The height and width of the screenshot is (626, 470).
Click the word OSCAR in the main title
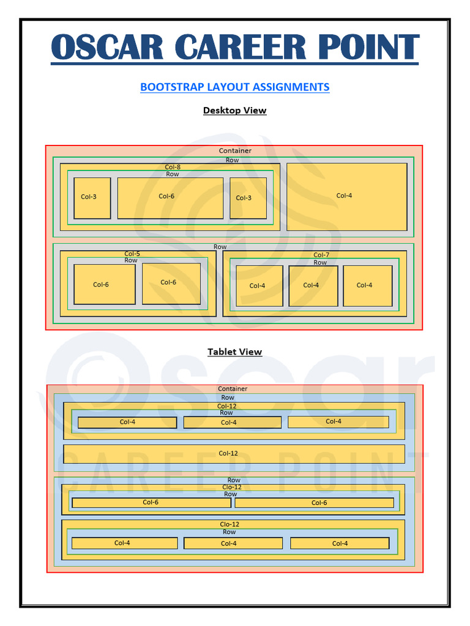click(108, 48)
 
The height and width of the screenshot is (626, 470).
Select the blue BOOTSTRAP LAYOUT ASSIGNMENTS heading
click(235, 87)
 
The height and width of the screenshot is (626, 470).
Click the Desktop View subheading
click(235, 111)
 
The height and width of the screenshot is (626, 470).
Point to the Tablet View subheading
click(235, 352)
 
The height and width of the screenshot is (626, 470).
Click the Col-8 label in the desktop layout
click(173, 167)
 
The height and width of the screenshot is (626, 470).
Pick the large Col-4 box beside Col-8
click(346, 196)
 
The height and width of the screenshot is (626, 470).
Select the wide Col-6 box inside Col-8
click(170, 197)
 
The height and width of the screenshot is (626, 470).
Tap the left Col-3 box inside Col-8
click(92, 197)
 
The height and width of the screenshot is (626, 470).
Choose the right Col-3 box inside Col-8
click(248, 198)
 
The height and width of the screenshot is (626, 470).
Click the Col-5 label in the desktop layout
click(132, 254)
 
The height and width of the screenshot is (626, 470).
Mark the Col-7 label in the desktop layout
click(321, 255)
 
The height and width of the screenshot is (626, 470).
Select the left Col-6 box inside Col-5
click(104, 284)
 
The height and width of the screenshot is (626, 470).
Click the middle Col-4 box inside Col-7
click(313, 285)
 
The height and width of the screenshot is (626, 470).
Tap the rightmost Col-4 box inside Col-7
click(367, 285)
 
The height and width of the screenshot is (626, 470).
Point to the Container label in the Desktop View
click(235, 151)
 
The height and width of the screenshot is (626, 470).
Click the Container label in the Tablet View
click(233, 389)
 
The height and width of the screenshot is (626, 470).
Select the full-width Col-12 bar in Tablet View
click(234, 454)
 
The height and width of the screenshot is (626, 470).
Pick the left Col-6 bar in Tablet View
click(151, 503)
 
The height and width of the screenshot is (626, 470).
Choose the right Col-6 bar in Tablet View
click(314, 503)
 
